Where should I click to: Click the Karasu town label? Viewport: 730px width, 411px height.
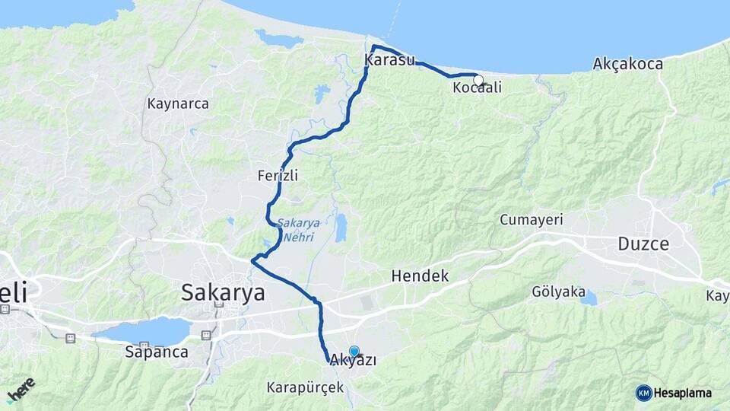pos(389,59)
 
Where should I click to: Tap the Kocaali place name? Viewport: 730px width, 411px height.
pos(477,88)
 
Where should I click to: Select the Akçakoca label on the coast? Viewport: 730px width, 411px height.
pos(627,63)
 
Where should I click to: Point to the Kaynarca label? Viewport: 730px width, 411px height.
pos(178,104)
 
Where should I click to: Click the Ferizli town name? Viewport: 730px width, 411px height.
pos(278,176)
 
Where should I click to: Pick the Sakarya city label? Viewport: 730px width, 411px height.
pos(223,292)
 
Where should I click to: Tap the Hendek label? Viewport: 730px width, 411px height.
pos(420,276)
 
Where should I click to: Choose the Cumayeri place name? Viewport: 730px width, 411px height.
pos(531,220)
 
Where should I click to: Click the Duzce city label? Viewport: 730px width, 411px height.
pos(643,244)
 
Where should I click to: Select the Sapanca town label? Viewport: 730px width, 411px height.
pos(157,352)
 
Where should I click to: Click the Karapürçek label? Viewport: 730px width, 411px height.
pos(305,387)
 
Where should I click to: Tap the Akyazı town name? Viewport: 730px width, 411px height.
pos(354,361)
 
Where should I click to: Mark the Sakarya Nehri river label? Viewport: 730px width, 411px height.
pos(297,228)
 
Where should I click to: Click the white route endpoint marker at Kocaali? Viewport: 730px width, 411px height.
pos(478,80)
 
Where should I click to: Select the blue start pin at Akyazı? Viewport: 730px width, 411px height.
pos(354,351)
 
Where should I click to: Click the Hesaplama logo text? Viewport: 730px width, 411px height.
pos(682,393)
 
